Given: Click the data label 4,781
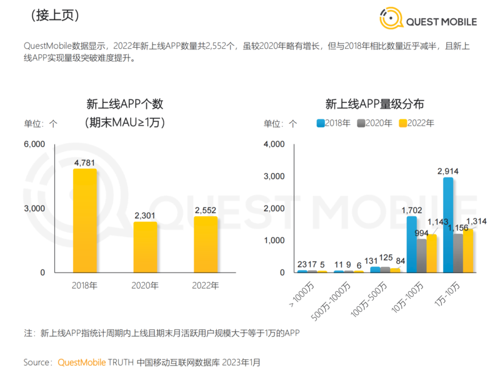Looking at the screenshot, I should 84,163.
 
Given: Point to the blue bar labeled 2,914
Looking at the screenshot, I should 448,225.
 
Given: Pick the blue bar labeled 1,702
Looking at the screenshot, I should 412,244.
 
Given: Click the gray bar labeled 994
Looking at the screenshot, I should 422,256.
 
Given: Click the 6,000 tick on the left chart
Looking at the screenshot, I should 34,144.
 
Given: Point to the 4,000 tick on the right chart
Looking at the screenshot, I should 274,144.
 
